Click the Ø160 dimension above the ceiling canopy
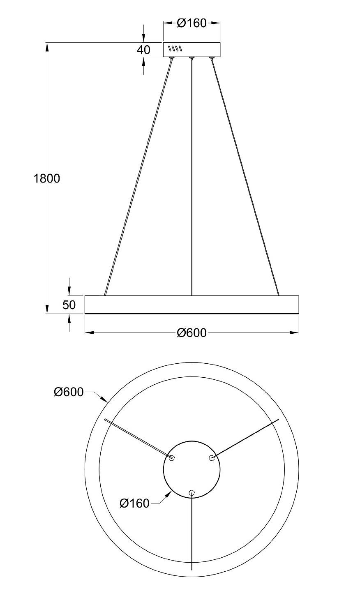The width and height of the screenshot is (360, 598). pos(192,23)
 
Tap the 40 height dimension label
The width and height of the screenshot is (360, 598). pos(143,50)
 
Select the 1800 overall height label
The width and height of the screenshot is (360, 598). pos(47,178)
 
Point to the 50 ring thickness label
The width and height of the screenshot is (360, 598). pos(69,305)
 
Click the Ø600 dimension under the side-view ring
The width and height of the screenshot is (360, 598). pos(192,332)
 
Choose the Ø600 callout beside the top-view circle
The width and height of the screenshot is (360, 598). pos(69,392)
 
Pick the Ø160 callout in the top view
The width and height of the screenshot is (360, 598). pos(134,503)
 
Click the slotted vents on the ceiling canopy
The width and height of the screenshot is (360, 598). pos(175,48)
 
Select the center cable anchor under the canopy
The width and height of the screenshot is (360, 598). pos(192,58)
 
